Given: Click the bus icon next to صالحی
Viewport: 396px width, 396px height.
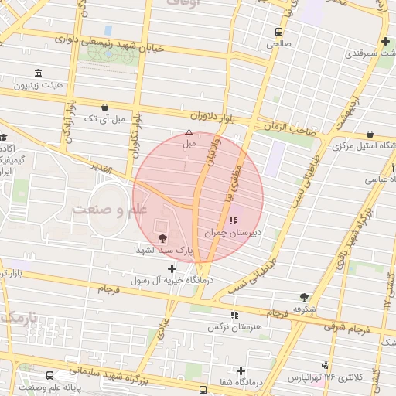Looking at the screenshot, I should coord(278,32).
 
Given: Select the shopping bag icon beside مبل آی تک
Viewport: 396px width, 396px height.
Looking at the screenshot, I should coord(104,108).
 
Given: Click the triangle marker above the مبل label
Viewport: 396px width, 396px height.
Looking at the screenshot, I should coord(189,133).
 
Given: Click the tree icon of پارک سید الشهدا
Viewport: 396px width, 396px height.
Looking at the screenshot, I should coord(162,238).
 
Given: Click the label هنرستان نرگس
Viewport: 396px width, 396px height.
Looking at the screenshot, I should coord(231,327).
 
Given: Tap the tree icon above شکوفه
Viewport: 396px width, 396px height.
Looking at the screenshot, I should coord(304,296).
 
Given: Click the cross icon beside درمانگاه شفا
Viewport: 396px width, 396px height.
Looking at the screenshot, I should coord(241,370).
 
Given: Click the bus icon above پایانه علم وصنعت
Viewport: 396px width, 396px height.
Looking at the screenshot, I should coord(50,375).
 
